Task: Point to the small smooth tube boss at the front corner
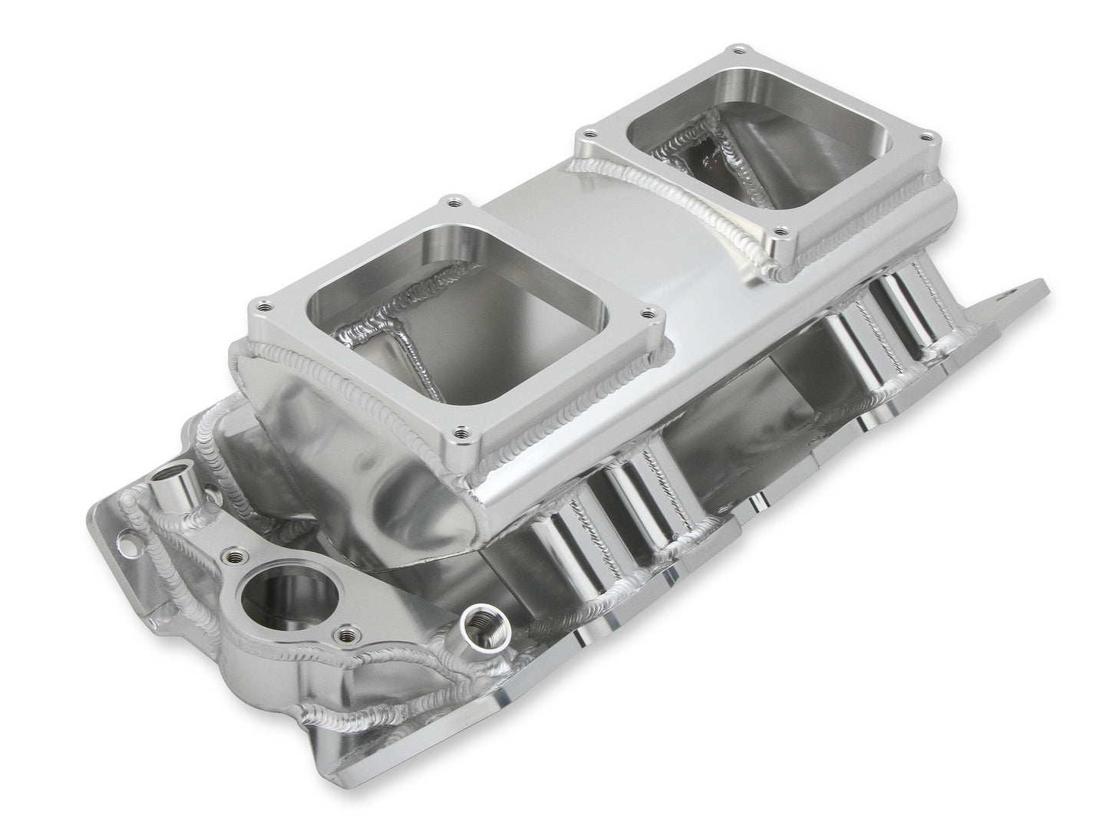165,488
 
